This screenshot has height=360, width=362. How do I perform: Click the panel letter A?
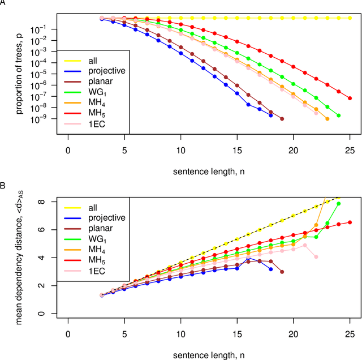coord(3,4)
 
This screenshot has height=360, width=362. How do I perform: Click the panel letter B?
coord(3,185)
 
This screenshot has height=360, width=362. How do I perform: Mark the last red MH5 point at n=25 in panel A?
coord(350,98)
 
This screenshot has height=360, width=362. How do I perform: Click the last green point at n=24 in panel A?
coord(338,115)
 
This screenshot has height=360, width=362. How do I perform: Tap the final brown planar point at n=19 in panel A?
coord(282,119)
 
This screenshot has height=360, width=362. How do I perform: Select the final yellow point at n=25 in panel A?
coord(350,18)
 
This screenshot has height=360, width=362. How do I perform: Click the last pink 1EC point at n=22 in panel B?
coord(316,257)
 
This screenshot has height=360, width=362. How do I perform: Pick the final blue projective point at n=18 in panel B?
coord(270,269)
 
